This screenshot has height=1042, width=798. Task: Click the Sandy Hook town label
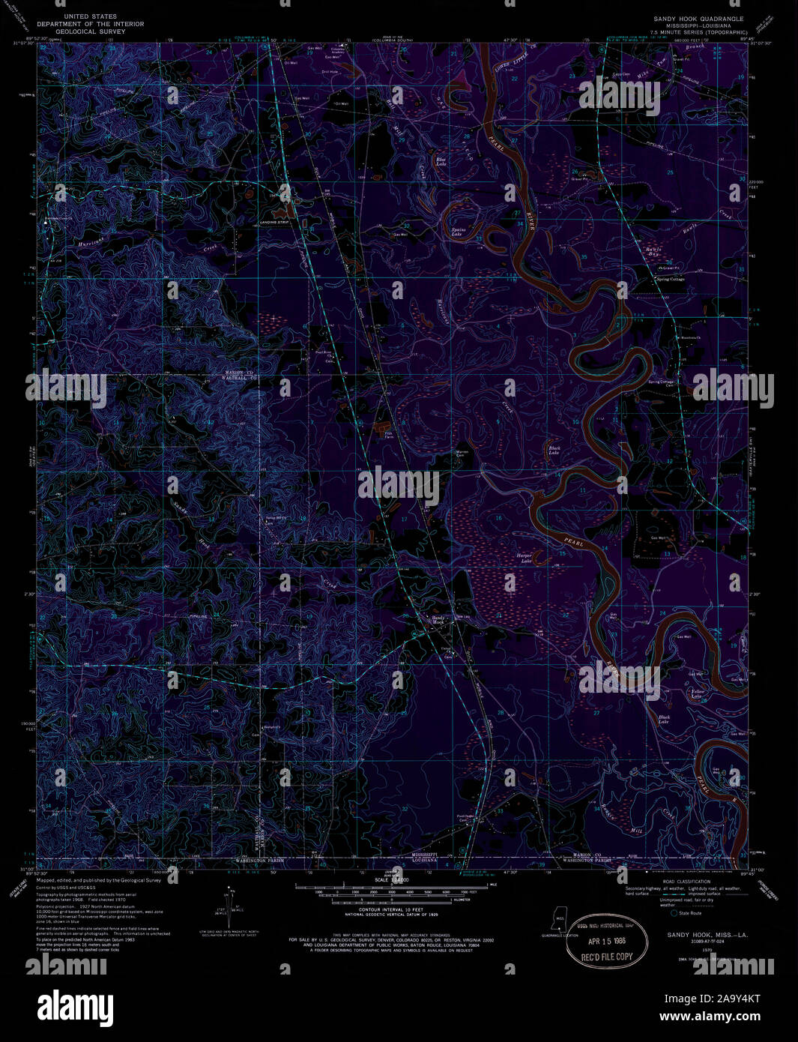point(438,620)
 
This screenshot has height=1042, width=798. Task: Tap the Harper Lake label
point(524,558)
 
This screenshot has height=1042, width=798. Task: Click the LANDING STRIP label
point(274,223)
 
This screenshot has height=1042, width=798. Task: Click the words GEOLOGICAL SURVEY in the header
point(91,31)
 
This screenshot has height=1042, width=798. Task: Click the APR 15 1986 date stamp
point(607,940)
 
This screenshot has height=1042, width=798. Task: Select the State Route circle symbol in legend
point(674,912)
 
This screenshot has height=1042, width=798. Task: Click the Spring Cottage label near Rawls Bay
point(671,279)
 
